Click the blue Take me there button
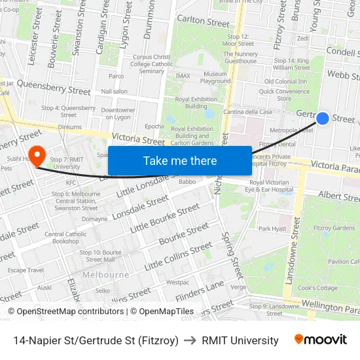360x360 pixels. tap(179, 160)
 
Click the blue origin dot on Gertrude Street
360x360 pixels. tap(323, 118)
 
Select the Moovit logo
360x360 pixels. tap(320, 340)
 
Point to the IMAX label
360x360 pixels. tap(183, 76)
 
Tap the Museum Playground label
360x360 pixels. tap(215, 78)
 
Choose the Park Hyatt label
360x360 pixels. tap(272, 228)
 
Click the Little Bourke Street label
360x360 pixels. tap(165, 218)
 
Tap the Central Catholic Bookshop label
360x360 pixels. tap(65, 237)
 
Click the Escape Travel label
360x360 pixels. tap(26, 270)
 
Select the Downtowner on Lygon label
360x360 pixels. tap(118, 113)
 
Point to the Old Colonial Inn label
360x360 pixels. tap(285, 82)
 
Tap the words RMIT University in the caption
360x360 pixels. tap(240, 340)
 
